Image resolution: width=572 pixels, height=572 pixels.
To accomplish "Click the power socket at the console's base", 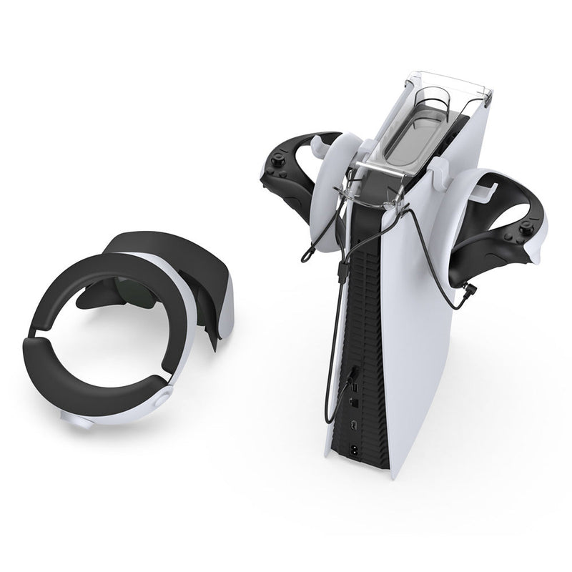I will [355, 449].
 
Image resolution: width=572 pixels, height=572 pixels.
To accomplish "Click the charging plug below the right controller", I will [473, 291].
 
